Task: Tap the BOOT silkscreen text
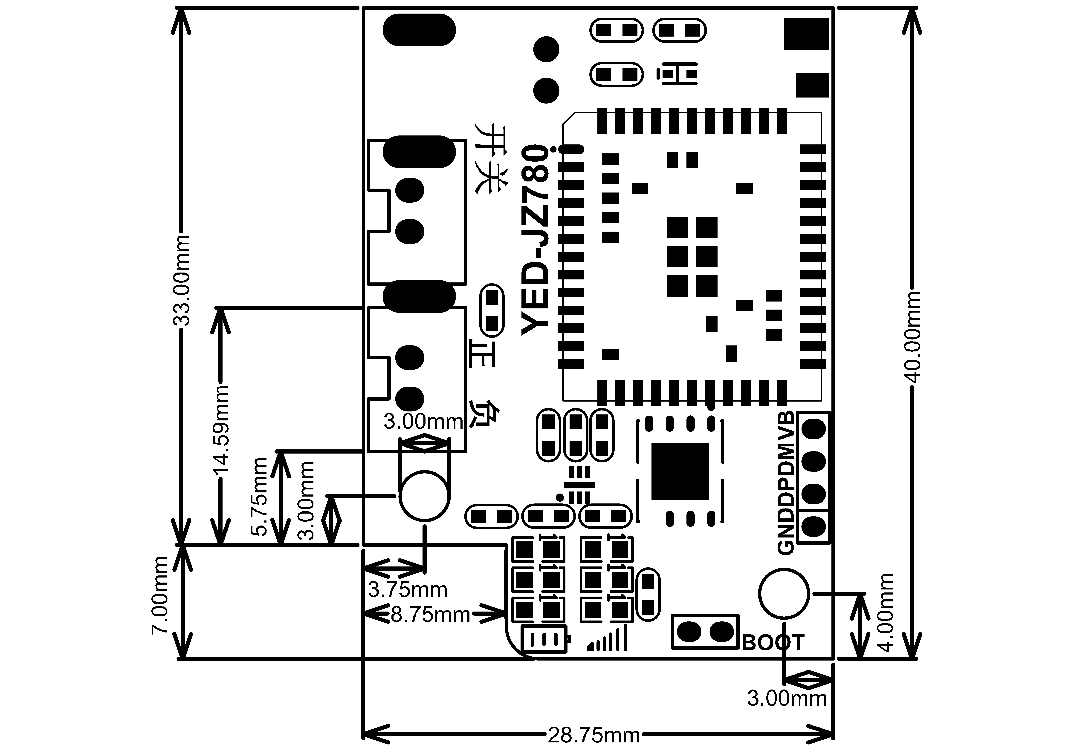point(773,643)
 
